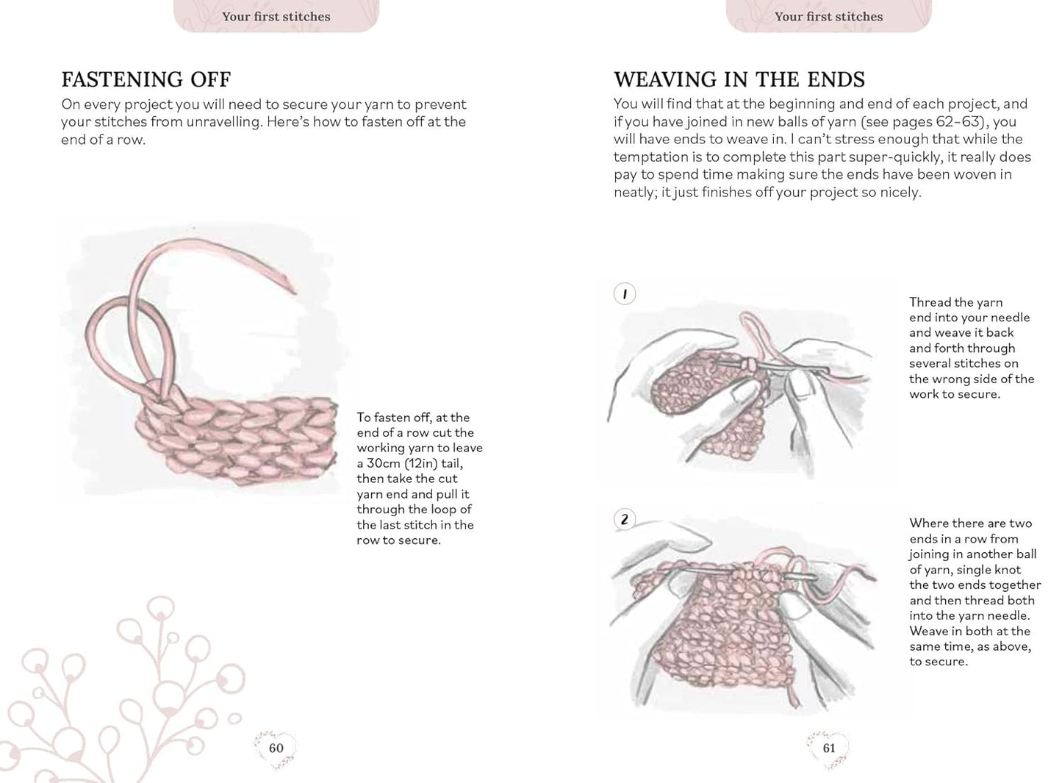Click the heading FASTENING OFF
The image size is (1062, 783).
[146, 79]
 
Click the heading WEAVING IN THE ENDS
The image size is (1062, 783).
[739, 79]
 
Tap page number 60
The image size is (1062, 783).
[276, 748]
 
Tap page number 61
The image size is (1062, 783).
[828, 748]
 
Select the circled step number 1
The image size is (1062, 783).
[624, 294]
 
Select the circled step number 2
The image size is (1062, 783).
[624, 520]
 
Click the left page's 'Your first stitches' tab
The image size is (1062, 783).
[276, 16]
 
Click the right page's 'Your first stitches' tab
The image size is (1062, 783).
[828, 16]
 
